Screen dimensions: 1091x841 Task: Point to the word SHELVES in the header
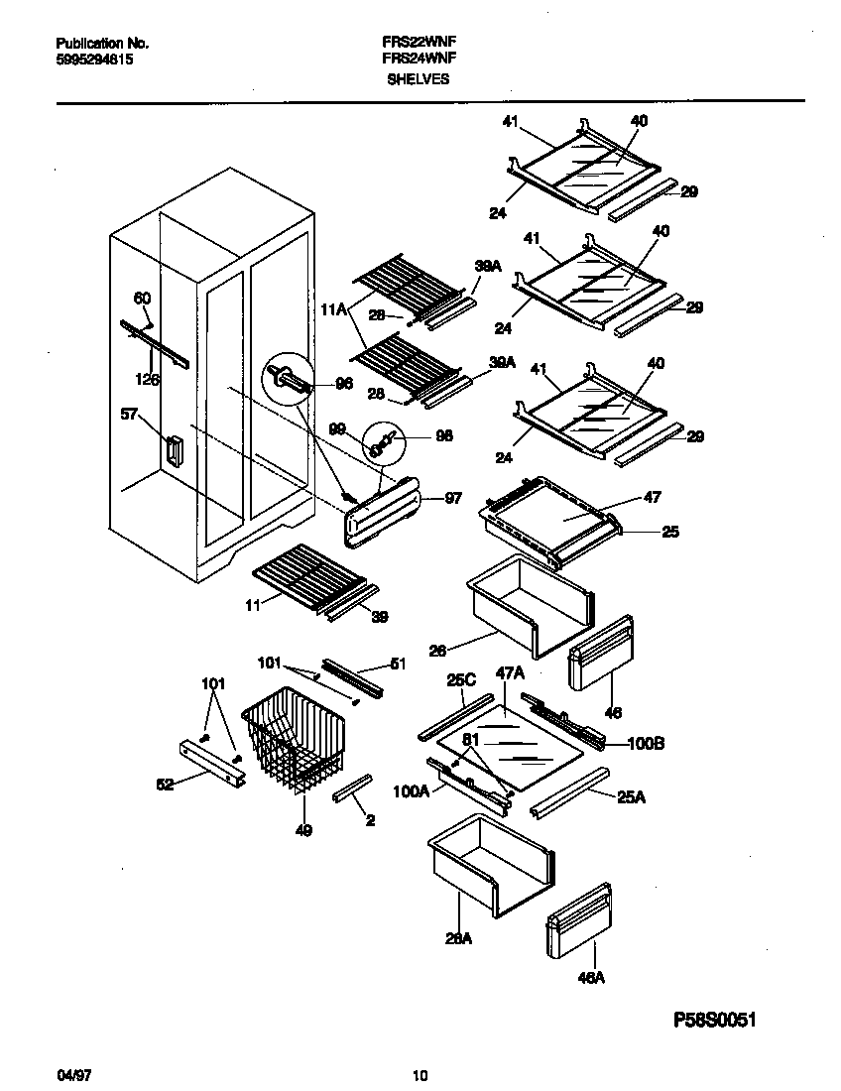click(417, 78)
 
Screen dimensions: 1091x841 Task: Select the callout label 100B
click(646, 744)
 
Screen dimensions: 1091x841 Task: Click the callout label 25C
click(462, 681)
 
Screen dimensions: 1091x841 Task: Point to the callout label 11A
click(333, 310)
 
